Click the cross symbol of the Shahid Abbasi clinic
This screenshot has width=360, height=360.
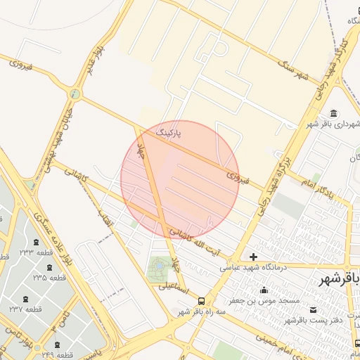253,257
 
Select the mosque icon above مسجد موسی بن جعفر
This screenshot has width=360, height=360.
264,290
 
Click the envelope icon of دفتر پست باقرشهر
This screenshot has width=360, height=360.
313,310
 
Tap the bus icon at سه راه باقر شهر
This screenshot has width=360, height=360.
202,301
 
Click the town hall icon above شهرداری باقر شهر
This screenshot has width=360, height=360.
333,114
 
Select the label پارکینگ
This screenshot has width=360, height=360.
168,132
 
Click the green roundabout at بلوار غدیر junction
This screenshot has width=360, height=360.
75,93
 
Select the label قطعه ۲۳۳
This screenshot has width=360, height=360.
37,252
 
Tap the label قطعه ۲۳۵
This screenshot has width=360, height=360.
49,278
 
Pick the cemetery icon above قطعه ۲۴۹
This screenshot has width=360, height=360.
57,345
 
